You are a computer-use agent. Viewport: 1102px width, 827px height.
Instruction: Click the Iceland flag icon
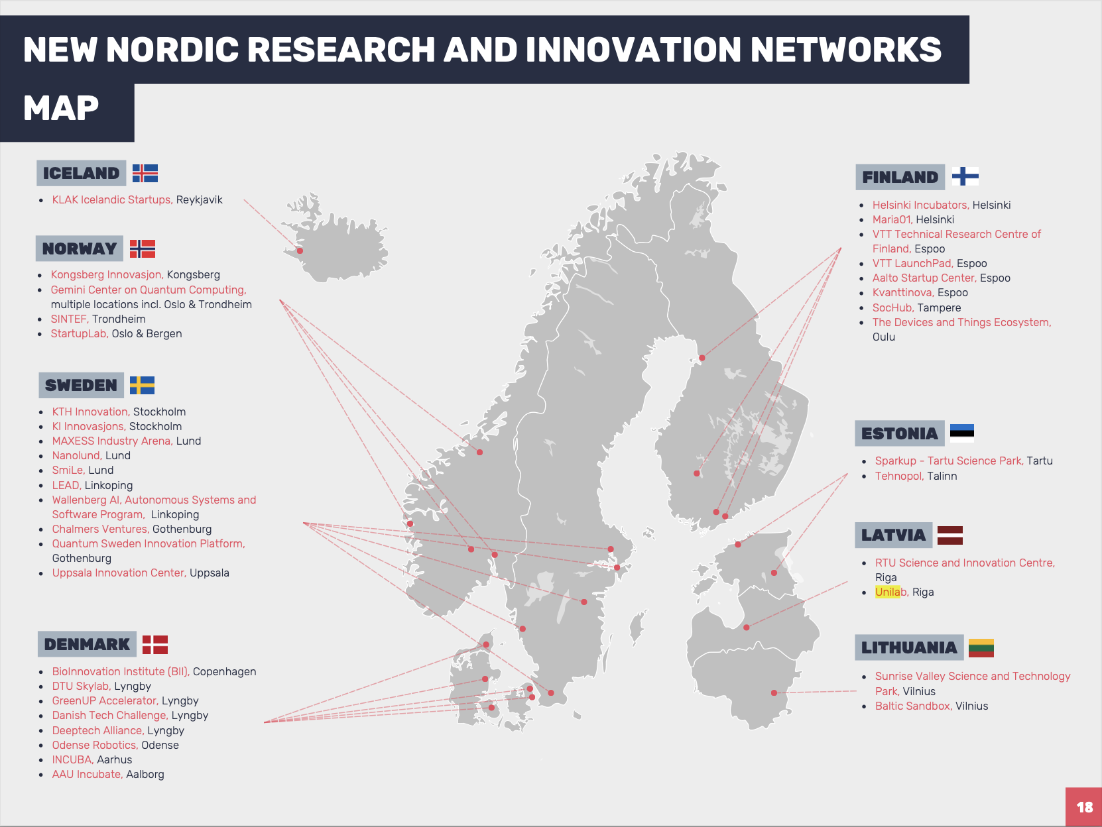point(145,174)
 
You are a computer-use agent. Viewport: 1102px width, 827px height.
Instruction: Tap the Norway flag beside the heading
point(143,248)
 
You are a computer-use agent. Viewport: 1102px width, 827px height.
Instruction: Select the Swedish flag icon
point(142,385)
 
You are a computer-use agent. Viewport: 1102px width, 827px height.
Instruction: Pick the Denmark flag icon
point(155,645)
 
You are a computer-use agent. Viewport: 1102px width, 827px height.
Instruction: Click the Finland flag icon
point(965,176)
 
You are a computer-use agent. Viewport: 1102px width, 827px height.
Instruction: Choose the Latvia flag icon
point(950,535)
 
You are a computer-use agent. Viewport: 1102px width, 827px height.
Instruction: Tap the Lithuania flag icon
point(981,648)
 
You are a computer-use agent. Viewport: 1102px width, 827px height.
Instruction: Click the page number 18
point(1084,807)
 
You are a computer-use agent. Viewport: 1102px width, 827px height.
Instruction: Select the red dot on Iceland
point(300,250)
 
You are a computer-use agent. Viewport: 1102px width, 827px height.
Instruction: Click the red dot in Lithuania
point(774,692)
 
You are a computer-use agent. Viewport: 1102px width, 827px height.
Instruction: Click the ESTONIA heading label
point(900,433)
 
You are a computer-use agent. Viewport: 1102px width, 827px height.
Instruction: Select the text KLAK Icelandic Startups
point(113,199)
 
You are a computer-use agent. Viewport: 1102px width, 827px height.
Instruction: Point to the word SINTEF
point(70,319)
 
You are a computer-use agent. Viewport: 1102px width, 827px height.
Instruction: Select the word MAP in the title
point(61,108)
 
